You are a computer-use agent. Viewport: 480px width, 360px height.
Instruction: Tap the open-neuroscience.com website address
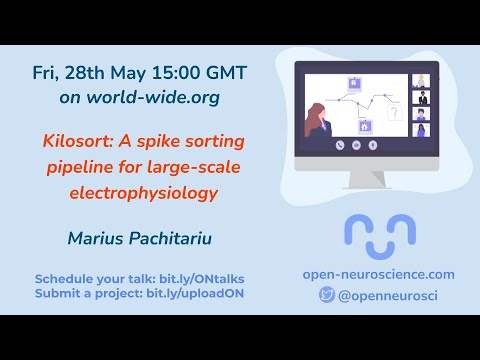pos(379,274)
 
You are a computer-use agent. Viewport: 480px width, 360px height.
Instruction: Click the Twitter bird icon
pos(327,295)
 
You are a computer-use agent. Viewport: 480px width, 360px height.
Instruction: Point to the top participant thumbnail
pos(420,81)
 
